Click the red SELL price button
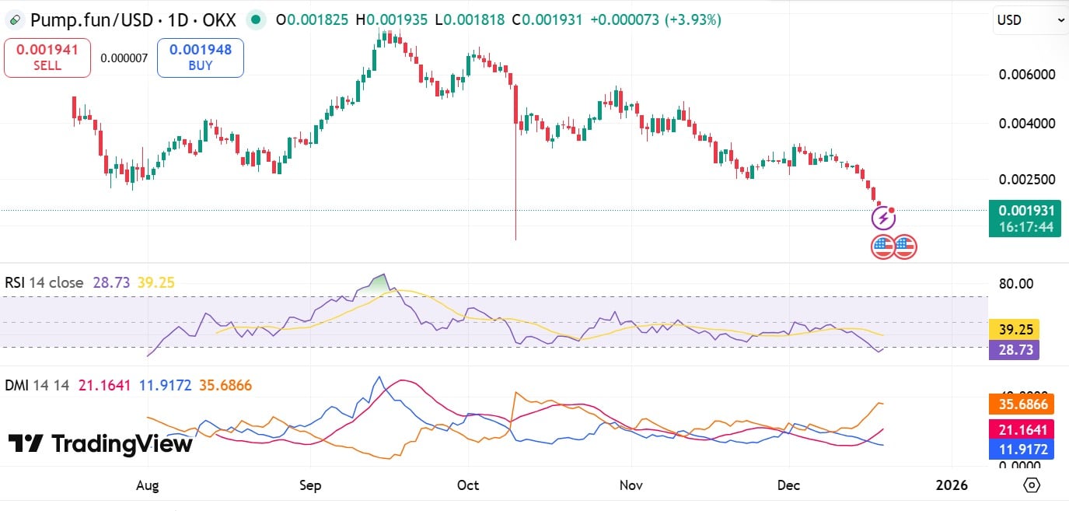point(47,58)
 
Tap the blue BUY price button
point(201,58)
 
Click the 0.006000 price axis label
point(1026,75)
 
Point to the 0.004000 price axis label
point(1026,123)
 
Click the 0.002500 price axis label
point(1026,180)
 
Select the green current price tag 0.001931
point(1025,211)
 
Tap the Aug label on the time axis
point(147,485)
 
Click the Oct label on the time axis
point(468,485)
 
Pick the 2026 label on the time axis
point(952,485)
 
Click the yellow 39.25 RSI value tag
point(1014,330)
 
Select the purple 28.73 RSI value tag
point(1014,350)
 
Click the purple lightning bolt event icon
point(883,219)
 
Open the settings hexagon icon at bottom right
point(1032,485)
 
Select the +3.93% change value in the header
point(693,20)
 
